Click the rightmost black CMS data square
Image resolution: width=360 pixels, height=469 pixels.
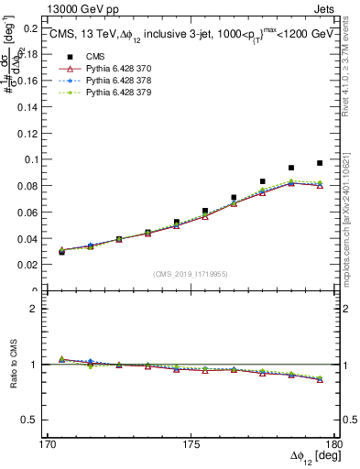coord(320,163)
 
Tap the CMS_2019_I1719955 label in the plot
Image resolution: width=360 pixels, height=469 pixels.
coord(191,272)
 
